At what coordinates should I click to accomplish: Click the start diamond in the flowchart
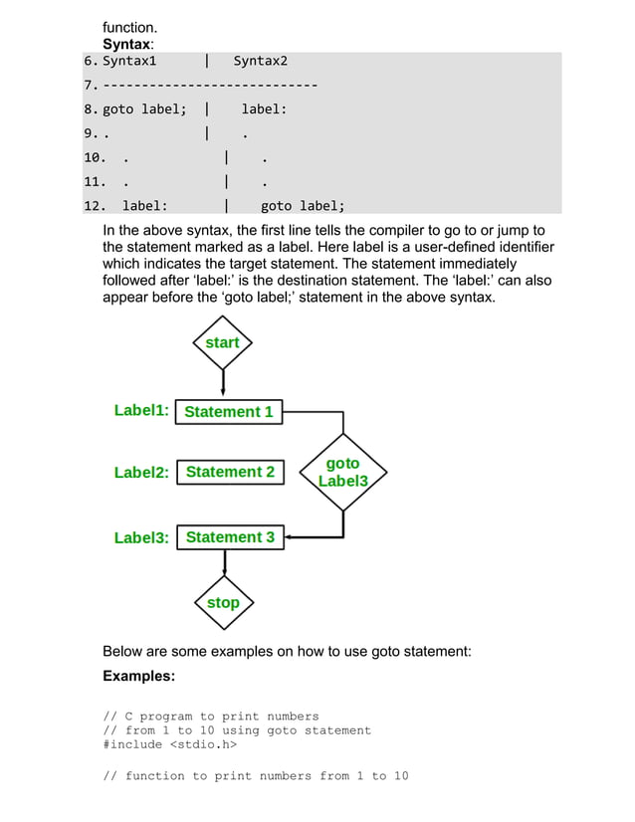(222, 342)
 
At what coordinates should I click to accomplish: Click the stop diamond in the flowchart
(223, 602)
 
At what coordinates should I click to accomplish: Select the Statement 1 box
(229, 412)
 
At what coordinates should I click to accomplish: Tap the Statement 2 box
(230, 472)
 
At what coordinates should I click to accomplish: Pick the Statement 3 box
(230, 537)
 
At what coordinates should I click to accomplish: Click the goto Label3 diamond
(343, 472)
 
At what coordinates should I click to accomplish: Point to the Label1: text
(141, 410)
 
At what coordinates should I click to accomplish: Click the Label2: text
(141, 473)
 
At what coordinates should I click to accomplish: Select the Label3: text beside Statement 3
(141, 538)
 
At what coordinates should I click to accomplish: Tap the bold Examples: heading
(138, 676)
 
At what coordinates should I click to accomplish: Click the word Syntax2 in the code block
(260, 62)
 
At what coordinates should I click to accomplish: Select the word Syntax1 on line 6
(129, 62)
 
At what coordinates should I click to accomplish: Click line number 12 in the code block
(94, 206)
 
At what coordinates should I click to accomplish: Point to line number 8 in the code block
(89, 109)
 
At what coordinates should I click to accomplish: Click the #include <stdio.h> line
(170, 744)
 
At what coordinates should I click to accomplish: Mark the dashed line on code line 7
(210, 86)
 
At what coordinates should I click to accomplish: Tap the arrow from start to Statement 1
(223, 383)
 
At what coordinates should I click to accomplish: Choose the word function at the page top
(130, 28)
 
